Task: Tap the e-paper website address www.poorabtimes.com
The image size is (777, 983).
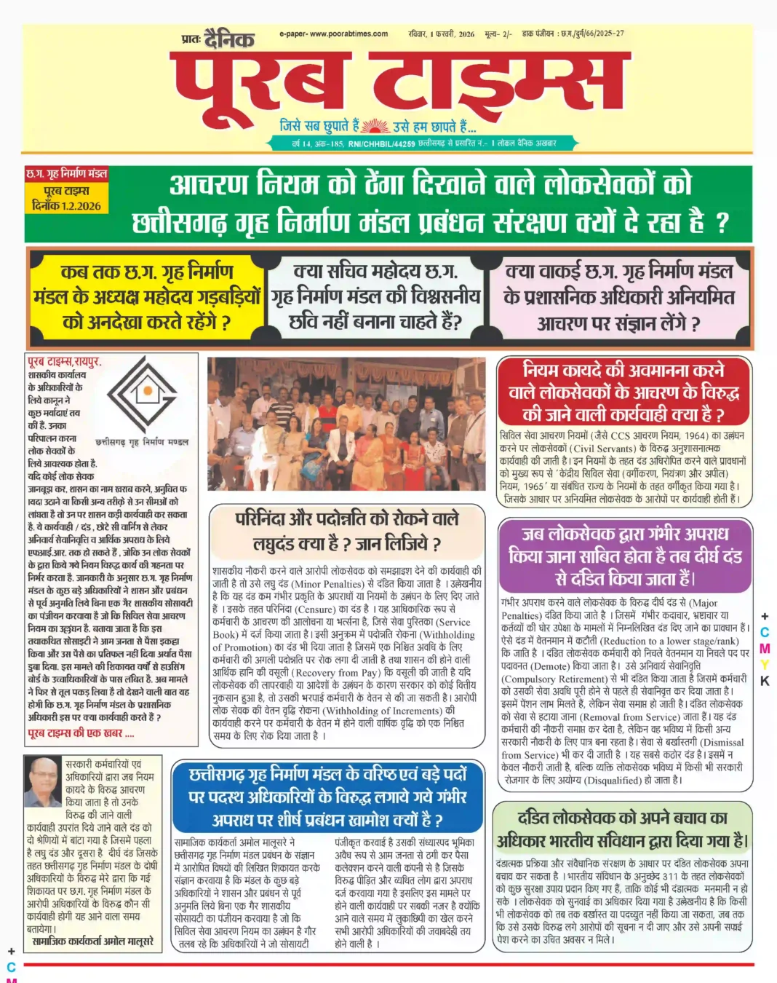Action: [333, 33]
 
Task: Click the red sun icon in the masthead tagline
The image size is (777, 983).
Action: [375, 125]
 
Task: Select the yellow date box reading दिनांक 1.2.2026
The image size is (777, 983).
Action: [67, 206]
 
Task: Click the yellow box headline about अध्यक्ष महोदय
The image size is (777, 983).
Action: [147, 296]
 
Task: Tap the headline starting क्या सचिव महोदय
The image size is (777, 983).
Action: [375, 296]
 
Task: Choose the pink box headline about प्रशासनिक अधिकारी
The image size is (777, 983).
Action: [618, 297]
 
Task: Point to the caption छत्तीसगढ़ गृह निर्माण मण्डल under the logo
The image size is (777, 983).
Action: [142, 441]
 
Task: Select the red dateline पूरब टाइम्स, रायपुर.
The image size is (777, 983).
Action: [64, 362]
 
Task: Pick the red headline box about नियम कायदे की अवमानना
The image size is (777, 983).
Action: [623, 392]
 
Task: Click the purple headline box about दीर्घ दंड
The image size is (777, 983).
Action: [623, 556]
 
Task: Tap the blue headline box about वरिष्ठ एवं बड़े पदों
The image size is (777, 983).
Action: [327, 797]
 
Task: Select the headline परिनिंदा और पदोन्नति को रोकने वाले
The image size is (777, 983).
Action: [347, 531]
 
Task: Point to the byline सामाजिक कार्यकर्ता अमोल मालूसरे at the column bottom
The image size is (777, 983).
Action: [93, 941]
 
